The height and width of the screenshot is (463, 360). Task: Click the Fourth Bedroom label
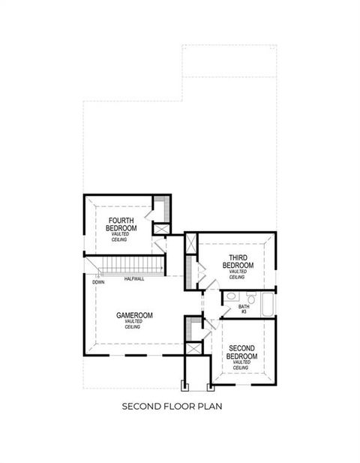click(121, 224)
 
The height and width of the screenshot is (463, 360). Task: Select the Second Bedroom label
click(241, 352)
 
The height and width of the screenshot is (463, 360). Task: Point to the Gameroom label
click(135, 316)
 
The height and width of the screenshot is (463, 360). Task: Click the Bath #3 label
click(244, 308)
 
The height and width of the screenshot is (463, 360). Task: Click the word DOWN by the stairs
click(97, 282)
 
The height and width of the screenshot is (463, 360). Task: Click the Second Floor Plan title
click(179, 407)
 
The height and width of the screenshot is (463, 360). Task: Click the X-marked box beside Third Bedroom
click(190, 244)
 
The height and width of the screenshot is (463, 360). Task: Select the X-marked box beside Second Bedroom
click(193, 348)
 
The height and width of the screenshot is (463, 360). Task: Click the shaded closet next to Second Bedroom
click(193, 328)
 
